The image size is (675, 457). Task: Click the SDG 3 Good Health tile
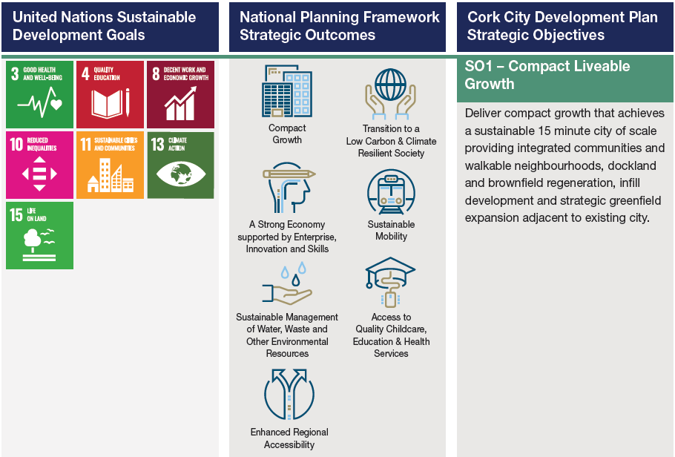click(39, 94)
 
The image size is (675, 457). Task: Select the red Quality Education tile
click(110, 94)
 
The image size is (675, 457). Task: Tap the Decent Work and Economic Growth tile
click(180, 94)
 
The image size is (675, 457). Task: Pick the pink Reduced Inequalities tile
click(39, 165)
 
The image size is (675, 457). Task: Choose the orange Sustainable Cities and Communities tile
click(110, 165)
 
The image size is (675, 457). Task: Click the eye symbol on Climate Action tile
click(181, 174)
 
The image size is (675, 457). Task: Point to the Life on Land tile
click(39, 236)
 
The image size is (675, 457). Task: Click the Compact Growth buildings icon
click(287, 91)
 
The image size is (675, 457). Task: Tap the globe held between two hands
click(390, 94)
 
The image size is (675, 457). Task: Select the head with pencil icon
click(288, 188)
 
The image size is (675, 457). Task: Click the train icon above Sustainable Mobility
click(391, 192)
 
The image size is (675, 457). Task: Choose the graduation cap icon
click(390, 282)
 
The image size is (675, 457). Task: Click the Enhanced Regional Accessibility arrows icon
click(289, 394)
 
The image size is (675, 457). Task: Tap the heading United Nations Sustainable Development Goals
click(104, 26)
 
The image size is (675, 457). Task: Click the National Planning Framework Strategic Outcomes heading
click(339, 26)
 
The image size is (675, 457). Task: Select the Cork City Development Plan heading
click(562, 26)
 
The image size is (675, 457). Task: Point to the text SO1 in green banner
click(478, 66)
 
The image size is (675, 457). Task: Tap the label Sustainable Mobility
click(391, 230)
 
